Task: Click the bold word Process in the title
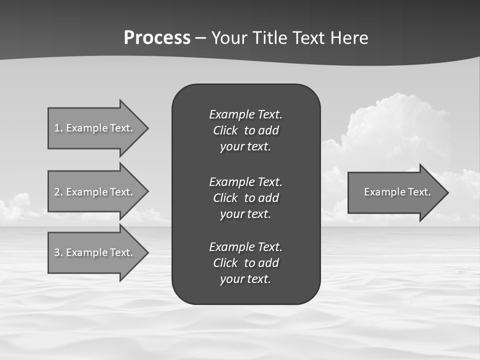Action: (x=157, y=38)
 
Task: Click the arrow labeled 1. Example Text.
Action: (x=95, y=128)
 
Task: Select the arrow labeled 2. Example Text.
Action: (x=95, y=192)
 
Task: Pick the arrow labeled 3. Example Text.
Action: (x=95, y=252)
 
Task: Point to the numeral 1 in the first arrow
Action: (x=57, y=128)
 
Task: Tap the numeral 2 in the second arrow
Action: (x=57, y=192)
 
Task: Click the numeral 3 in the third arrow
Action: (x=57, y=252)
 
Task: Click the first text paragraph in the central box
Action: (x=245, y=130)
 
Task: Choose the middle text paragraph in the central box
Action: (x=245, y=197)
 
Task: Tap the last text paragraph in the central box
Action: (x=245, y=263)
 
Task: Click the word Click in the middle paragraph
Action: (x=225, y=198)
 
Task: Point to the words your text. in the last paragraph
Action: (x=245, y=279)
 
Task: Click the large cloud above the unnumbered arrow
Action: (x=395, y=125)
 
